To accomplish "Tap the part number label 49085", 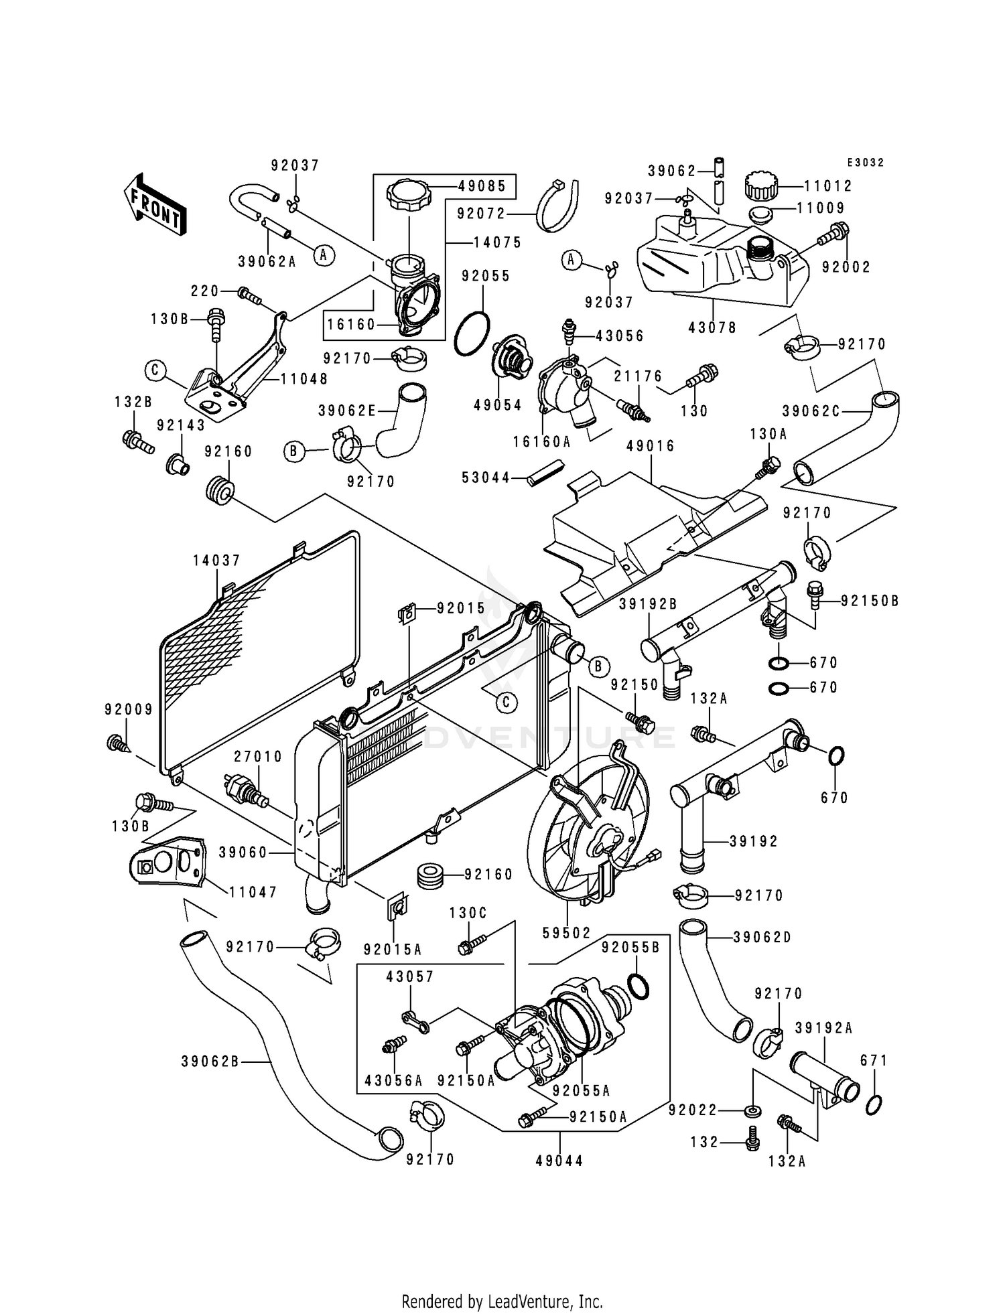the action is [x=482, y=186].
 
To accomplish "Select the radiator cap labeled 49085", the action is [x=408, y=196].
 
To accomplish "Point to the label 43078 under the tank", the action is [x=712, y=327].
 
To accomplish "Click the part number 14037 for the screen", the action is [x=216, y=561].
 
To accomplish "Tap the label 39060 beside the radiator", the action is [x=243, y=853].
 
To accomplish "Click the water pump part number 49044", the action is [x=559, y=1160].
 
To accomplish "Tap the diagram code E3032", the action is [x=866, y=163].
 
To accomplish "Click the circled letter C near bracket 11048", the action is [x=155, y=369].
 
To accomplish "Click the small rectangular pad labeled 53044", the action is [x=547, y=472].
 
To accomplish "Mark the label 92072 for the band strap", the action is [x=481, y=214].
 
